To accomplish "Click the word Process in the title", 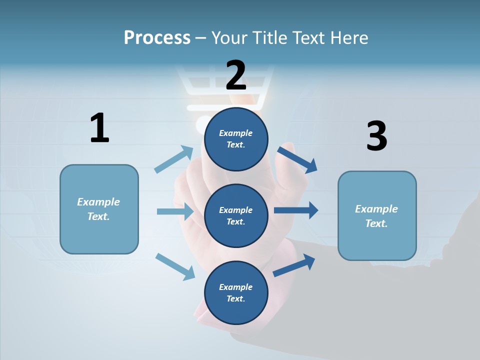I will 157,37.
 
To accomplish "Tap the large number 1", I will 99,128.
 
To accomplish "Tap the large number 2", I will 236,75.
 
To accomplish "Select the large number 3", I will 376,136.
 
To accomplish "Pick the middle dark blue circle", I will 236,215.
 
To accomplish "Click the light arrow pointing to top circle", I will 173,159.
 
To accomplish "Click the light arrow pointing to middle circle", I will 175,211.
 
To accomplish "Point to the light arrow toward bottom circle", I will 175,266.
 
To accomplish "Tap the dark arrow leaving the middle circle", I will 296,210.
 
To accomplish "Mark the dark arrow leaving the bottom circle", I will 294,265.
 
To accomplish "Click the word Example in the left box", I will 98,202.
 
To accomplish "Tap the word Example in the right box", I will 376,209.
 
